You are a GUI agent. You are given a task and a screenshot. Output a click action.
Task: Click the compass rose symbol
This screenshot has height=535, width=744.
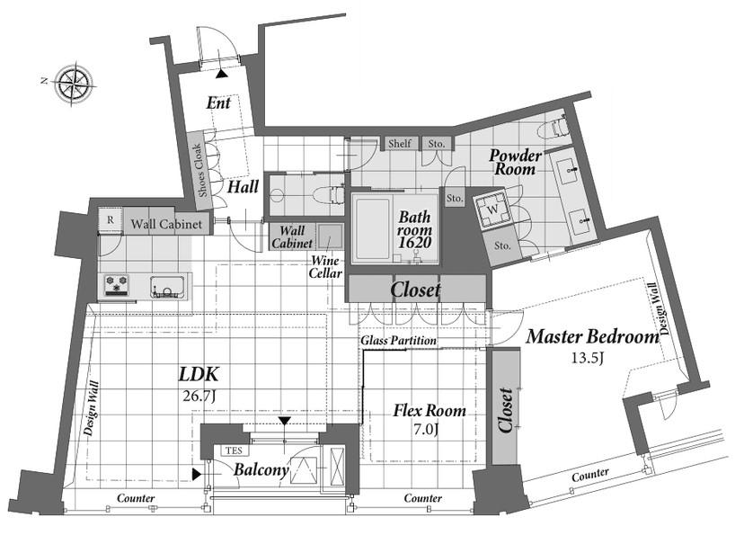pyautogui.click(x=74, y=85)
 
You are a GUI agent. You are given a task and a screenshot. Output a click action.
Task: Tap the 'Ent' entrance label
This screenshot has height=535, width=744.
pyautogui.click(x=218, y=103)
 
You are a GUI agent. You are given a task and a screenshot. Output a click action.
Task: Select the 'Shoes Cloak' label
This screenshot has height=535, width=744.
pyautogui.click(x=200, y=171)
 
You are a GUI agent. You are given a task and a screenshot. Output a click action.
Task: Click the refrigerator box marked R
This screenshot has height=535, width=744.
pyautogui.click(x=111, y=219)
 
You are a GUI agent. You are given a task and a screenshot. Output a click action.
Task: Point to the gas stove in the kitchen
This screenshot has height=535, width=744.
pyautogui.click(x=117, y=286)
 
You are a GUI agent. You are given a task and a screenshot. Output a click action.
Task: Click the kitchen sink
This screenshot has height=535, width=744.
pyautogui.click(x=167, y=287)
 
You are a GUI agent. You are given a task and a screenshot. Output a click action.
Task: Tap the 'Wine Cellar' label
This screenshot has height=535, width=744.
pyautogui.click(x=325, y=267)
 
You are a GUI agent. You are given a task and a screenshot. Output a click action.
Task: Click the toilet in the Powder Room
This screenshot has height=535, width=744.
pyautogui.click(x=559, y=125)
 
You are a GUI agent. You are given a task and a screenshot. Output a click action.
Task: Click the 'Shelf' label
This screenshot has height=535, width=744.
pyautogui.click(x=400, y=143)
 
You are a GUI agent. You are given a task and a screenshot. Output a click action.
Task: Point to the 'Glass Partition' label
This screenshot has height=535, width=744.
pyautogui.click(x=398, y=341)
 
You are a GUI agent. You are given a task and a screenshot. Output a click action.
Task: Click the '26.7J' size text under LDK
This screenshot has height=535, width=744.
pyautogui.click(x=199, y=396)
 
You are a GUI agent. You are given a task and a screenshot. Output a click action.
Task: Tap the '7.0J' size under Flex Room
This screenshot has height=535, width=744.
pyautogui.click(x=426, y=430)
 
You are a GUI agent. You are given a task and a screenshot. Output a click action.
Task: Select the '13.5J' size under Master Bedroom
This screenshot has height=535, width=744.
pyautogui.click(x=587, y=357)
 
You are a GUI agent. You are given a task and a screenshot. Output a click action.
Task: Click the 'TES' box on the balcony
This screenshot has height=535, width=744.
pyautogui.click(x=234, y=450)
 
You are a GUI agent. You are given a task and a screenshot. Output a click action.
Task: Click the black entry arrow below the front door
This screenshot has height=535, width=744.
pyautogui.click(x=222, y=74)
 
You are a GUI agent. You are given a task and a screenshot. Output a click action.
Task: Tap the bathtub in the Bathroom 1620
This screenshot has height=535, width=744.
pyautogui.click(x=373, y=228)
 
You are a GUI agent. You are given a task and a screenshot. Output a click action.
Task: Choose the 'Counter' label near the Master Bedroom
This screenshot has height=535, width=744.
pyautogui.click(x=590, y=475)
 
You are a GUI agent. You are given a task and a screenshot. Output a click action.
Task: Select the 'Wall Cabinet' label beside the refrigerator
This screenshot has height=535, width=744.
pyautogui.click(x=166, y=224)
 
